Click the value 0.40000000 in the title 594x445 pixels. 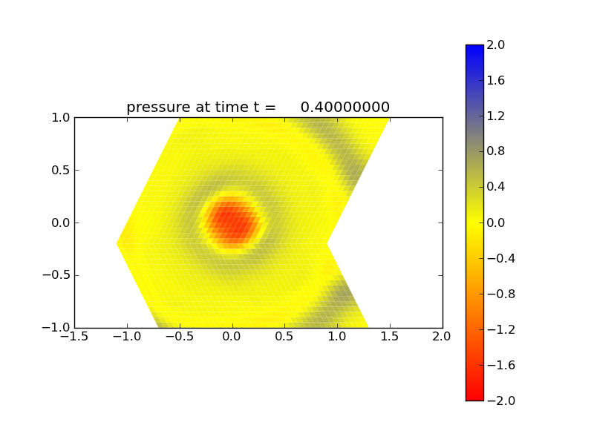[345, 108]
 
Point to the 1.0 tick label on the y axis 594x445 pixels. [60, 117]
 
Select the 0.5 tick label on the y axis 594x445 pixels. [60, 170]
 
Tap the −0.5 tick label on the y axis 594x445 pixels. [56, 275]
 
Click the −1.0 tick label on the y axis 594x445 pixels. [56, 328]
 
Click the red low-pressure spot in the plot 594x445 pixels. [230, 221]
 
